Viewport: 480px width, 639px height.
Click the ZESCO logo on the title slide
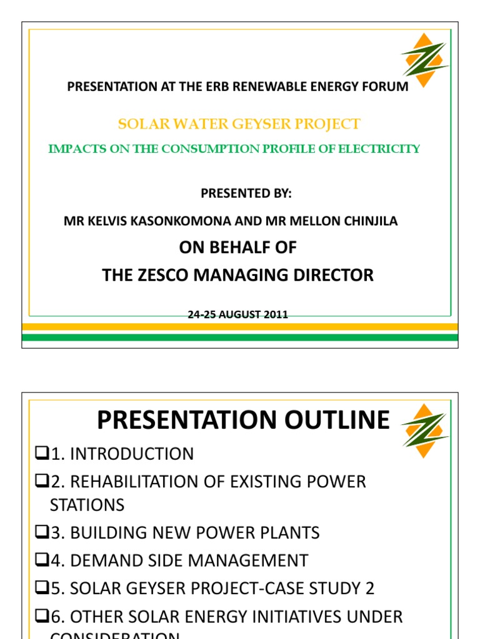[x=425, y=59]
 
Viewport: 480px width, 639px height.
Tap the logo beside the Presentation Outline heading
[x=425, y=430]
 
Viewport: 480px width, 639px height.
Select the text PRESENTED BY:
[x=246, y=193]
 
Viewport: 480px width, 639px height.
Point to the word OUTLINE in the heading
[x=331, y=420]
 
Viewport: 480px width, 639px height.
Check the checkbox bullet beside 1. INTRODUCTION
[x=42, y=454]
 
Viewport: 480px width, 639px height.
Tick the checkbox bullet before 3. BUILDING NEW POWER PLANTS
[x=42, y=533]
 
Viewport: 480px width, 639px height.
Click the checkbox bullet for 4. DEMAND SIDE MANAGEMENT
[x=42, y=560]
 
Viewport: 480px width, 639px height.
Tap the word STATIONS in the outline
[x=87, y=505]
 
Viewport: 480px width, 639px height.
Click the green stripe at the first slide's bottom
[x=240, y=338]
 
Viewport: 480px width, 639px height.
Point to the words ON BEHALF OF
[x=237, y=248]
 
